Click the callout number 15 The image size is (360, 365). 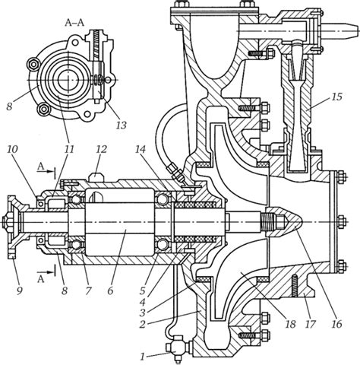[x=336, y=97]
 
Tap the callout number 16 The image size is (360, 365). [x=336, y=324]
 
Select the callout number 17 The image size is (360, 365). [x=311, y=324]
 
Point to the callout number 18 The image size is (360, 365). [x=290, y=324]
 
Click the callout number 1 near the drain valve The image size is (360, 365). [x=143, y=357]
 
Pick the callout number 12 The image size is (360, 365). [x=101, y=149]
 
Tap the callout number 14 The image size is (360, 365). [x=141, y=149]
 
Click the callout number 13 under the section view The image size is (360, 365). [x=121, y=125]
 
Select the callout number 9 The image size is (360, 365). [x=20, y=290]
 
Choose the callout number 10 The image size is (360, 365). [x=12, y=149]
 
